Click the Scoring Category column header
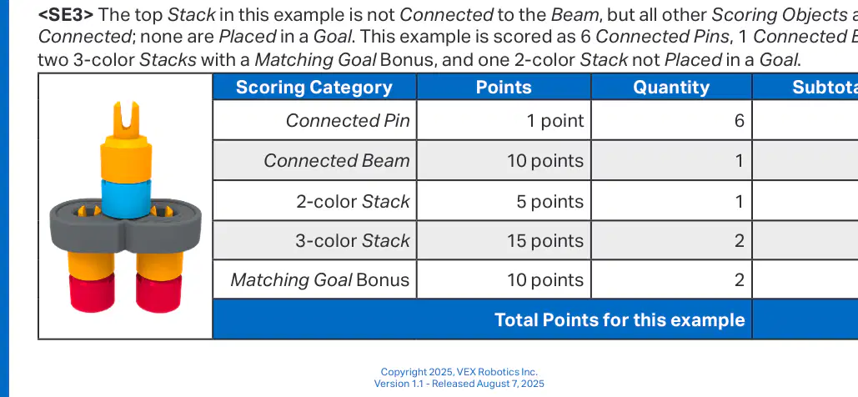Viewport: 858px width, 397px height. pos(314,88)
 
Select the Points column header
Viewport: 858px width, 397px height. pos(504,88)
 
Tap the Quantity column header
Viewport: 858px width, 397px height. pos(671,88)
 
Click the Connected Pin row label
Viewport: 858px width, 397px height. pos(348,120)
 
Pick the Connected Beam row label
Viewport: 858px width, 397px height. pos(337,160)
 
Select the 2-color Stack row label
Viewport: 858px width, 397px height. pos(353,202)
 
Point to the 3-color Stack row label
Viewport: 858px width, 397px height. pos(353,240)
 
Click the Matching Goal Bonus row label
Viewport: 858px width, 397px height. pos(320,279)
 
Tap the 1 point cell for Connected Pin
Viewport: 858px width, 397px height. pos(555,120)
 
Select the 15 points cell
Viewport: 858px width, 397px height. pos(545,240)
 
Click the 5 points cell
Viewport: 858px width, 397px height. pos(550,202)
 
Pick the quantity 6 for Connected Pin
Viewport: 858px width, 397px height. pos(740,120)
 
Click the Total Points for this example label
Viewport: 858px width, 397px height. pos(620,319)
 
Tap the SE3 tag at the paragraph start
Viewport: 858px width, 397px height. pos(65,15)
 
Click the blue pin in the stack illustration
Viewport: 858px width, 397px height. pos(126,198)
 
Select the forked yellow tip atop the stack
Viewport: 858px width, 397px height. pos(126,118)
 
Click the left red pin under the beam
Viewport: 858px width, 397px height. pos(92,293)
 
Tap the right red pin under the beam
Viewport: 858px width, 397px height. pos(158,293)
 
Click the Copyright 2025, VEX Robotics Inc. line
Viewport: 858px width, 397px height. pos(459,372)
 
